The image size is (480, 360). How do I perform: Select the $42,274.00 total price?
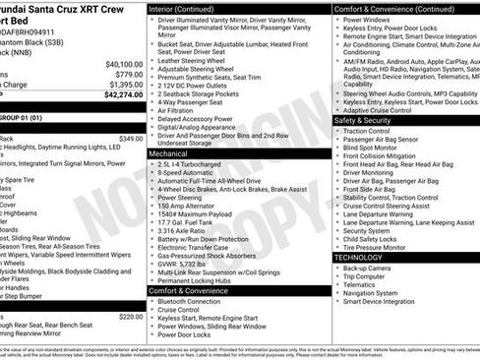point(121,95)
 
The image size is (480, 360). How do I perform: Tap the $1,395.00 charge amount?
point(125,85)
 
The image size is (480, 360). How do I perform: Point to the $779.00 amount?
point(128,74)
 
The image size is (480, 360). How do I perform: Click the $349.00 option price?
point(130,139)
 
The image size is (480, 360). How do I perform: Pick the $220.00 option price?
point(130,317)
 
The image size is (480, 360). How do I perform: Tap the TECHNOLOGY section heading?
point(358,258)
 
